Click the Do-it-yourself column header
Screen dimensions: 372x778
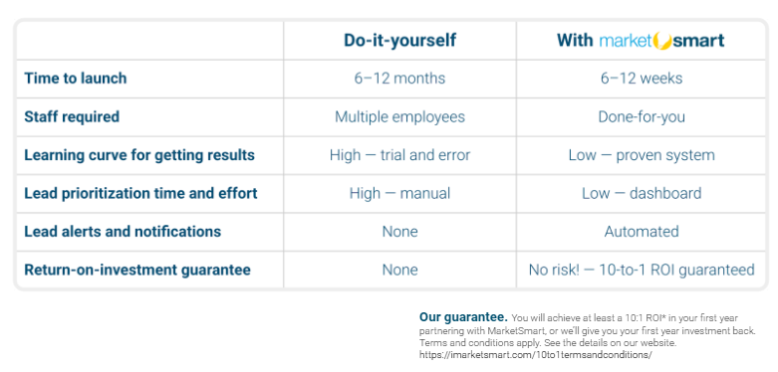pos(399,40)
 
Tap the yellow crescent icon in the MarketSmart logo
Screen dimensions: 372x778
pos(661,40)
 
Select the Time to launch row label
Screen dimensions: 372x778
pos(76,79)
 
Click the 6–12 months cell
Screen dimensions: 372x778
pos(399,79)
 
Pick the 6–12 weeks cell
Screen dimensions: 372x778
pos(642,79)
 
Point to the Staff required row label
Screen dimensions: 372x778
pos(72,116)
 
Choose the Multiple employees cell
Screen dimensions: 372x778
pos(399,116)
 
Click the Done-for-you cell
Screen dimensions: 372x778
pos(642,116)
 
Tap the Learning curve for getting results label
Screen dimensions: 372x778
pos(139,155)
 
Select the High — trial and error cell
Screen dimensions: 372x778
pos(399,155)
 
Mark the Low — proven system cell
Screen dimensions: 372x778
pos(642,155)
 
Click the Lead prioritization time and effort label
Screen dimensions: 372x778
pos(140,193)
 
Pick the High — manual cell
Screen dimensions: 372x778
pos(399,193)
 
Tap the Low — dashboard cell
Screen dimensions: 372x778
pos(642,193)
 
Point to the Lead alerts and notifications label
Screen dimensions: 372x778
pos(123,231)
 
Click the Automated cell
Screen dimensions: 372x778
pos(642,231)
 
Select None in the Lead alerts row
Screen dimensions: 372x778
pos(399,231)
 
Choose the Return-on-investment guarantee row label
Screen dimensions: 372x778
pos(137,270)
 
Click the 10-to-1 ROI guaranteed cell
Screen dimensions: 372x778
pos(642,270)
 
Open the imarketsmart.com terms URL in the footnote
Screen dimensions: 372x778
pos(535,354)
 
